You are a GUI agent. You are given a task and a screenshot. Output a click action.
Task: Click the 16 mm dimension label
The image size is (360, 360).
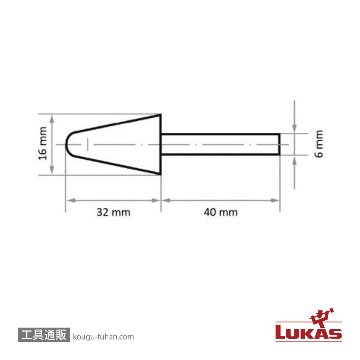[x=43, y=143]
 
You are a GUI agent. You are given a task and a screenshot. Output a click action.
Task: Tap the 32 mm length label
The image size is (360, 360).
[x=113, y=212]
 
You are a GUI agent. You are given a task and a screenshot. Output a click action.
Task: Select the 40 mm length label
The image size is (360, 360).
[x=221, y=212]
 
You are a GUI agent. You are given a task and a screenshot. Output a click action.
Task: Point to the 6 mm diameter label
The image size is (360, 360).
[x=319, y=144]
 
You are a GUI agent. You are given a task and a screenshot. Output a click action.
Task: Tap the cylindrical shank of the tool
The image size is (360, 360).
[x=220, y=144]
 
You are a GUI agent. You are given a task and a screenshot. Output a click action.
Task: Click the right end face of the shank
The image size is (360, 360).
[x=279, y=144]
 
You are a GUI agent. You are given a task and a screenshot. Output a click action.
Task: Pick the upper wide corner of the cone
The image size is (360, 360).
[x=161, y=115]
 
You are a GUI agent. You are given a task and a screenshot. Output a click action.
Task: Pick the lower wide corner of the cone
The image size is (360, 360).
[x=161, y=174]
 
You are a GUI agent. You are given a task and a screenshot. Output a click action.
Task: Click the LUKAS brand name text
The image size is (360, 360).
[x=309, y=333]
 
